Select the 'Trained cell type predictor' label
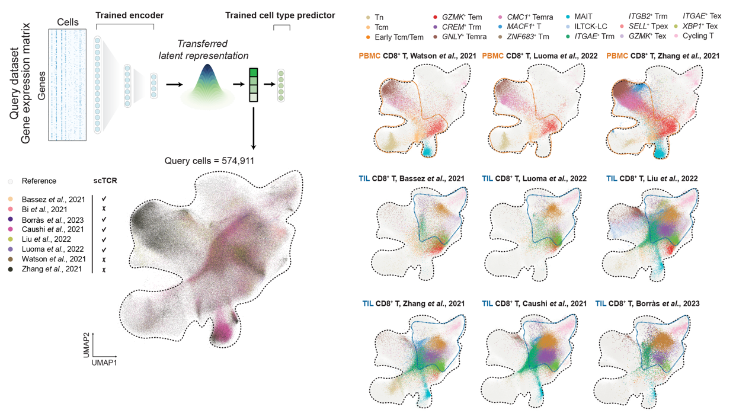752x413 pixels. [280, 15]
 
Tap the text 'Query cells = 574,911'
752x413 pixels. [210, 160]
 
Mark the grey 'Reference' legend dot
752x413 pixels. [11, 181]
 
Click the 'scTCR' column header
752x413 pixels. [105, 181]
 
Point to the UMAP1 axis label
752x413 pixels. [104, 362]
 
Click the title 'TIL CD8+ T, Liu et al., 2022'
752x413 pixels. [652, 178]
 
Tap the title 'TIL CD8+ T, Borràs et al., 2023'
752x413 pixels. [647, 303]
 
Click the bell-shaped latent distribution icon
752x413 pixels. [204, 85]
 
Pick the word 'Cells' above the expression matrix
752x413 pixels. [68, 22]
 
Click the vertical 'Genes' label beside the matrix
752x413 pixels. [40, 87]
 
